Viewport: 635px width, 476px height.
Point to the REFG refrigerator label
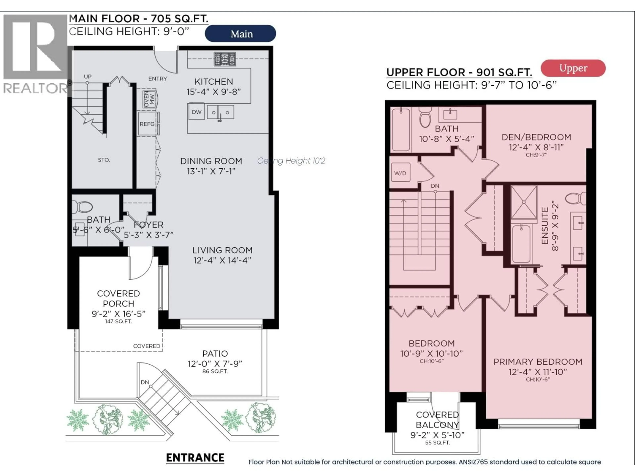click(x=147, y=124)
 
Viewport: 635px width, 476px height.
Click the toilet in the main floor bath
click(x=83, y=207)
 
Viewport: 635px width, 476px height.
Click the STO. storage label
click(x=104, y=160)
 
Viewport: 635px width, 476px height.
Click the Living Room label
click(x=222, y=250)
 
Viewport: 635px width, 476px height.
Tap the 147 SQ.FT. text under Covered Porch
click(x=118, y=321)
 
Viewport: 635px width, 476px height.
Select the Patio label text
click(x=215, y=354)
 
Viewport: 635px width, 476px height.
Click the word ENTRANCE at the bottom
click(x=195, y=458)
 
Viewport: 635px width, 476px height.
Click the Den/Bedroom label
click(x=536, y=137)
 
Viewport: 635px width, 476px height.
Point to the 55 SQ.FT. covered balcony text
click(x=437, y=443)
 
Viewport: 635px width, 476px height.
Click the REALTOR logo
click(x=35, y=55)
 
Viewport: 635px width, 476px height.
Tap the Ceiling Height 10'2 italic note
click(x=291, y=161)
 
